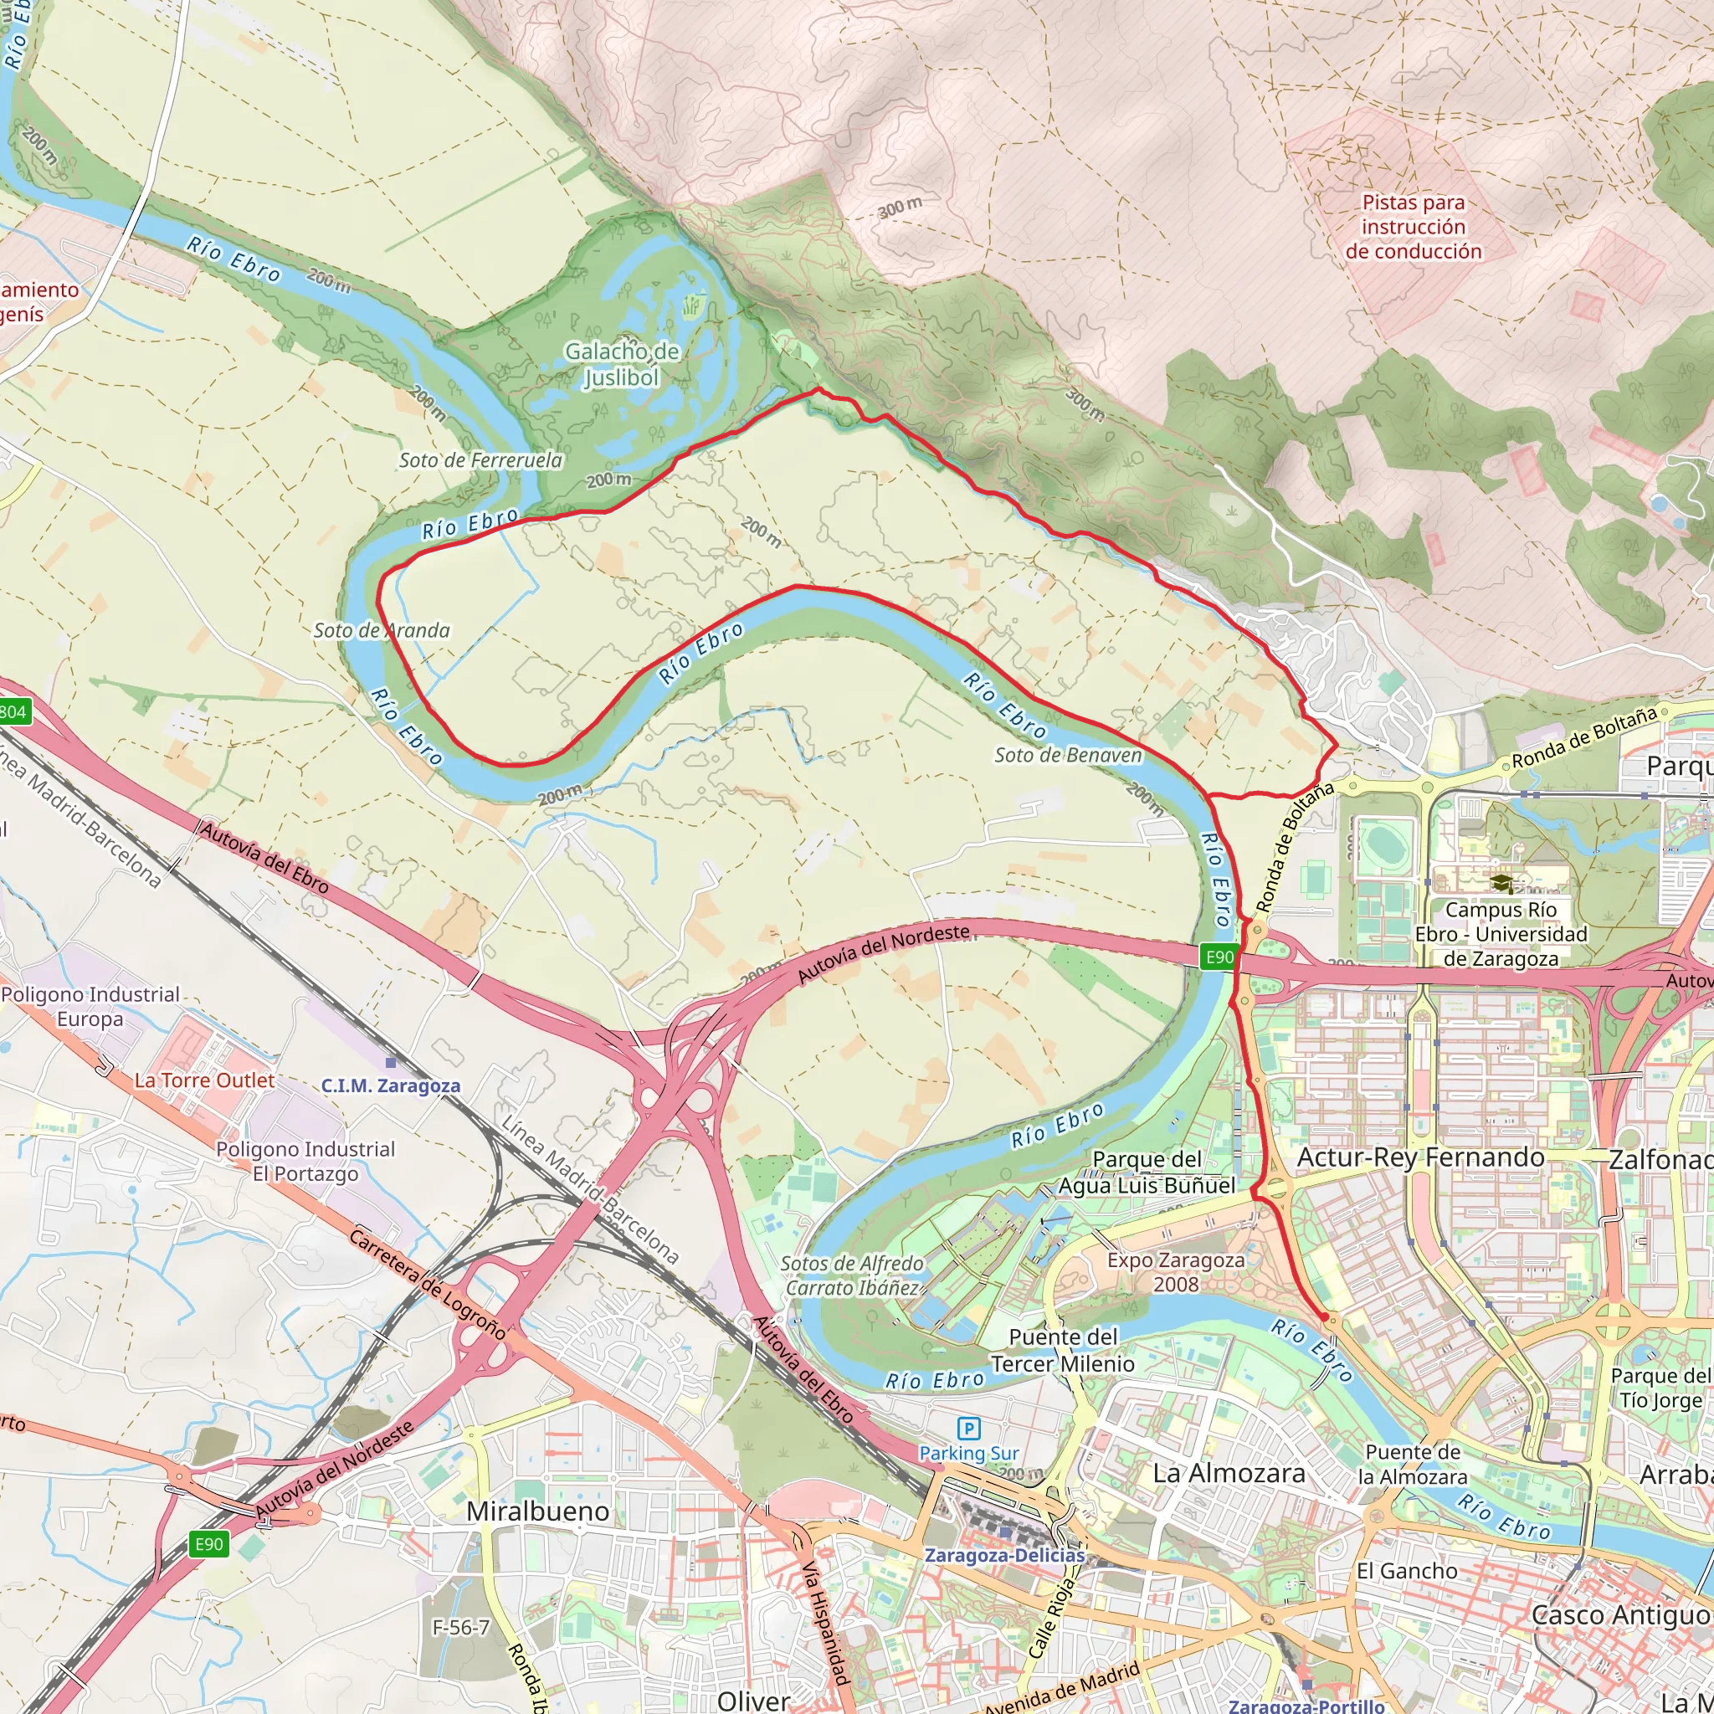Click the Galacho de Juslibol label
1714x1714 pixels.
(622, 365)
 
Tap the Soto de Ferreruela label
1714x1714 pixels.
(480, 459)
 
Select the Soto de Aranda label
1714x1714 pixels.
(382, 630)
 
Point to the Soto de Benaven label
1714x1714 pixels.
(1068, 755)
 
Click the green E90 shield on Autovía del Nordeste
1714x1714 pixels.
(1218, 957)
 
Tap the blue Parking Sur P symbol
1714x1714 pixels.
(969, 1429)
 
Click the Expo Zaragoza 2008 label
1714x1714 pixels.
(1176, 1271)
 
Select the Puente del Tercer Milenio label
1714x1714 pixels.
(1063, 1350)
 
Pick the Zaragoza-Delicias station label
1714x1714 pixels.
(1004, 1555)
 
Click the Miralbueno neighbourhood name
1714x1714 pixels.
(537, 1511)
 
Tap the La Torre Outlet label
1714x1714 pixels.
(204, 1080)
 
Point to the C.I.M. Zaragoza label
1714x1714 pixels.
(390, 1085)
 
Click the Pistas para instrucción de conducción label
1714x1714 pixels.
(1414, 227)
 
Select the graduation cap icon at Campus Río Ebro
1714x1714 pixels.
(1501, 884)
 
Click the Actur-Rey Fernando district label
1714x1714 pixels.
(1420, 1157)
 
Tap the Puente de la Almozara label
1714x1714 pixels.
(1413, 1464)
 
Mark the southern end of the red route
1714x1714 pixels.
(1325, 1316)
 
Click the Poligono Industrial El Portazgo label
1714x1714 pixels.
(305, 1161)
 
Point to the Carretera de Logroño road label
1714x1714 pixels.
(427, 1284)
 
